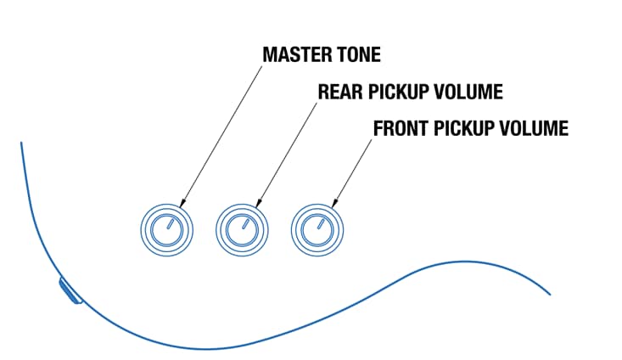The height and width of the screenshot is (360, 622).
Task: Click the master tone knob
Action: pyautogui.click(x=165, y=229)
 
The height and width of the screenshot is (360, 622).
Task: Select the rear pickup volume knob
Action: pyautogui.click(x=242, y=229)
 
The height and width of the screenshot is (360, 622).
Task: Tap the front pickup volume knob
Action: pyautogui.click(x=317, y=229)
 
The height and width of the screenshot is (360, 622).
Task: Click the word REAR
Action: pyautogui.click(x=337, y=92)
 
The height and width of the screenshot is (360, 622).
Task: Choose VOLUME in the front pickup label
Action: pyautogui.click(x=536, y=129)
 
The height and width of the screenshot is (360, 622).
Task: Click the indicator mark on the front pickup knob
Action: pyautogui.click(x=322, y=224)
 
